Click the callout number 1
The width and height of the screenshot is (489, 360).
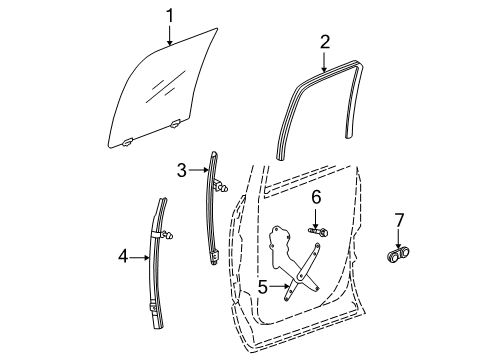tap(170, 15)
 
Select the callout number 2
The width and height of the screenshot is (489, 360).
tap(324, 41)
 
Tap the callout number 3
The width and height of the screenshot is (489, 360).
tap(182, 171)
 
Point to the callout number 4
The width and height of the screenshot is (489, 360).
tap(123, 257)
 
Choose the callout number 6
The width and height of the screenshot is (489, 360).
tap(315, 197)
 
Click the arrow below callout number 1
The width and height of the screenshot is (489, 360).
tap(170, 36)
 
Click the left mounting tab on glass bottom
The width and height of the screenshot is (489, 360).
tap(129, 143)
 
